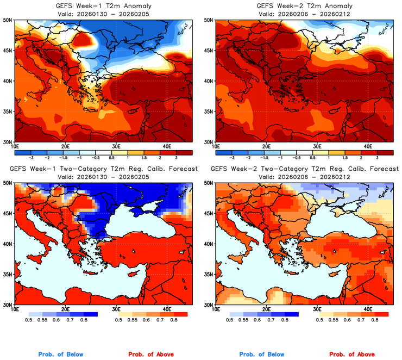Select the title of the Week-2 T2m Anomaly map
(x=303, y=6)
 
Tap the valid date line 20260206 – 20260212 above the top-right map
(x=303, y=14)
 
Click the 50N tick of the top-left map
(x=8, y=20)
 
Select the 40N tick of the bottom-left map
(x=8, y=244)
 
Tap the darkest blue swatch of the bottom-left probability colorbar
(x=89, y=314)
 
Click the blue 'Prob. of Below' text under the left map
(x=60, y=355)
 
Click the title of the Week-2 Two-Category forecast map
(x=303, y=169)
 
